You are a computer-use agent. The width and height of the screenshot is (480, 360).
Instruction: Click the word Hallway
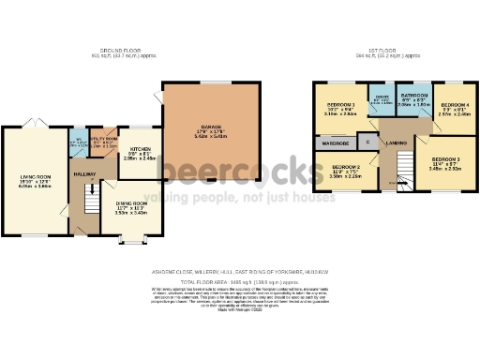[85, 174]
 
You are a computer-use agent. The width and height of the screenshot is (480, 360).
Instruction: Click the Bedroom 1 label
[341, 107]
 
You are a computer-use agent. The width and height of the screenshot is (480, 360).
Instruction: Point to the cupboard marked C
[368, 142]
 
